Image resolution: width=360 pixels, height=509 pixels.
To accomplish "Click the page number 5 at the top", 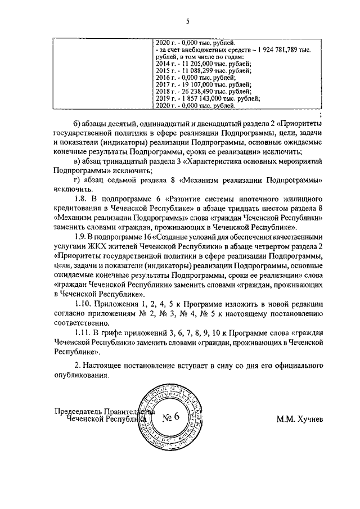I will [x=188, y=21].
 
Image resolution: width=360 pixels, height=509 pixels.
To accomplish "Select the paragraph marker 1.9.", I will [x=80, y=237].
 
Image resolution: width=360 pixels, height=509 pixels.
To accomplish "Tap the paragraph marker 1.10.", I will [x=82, y=304].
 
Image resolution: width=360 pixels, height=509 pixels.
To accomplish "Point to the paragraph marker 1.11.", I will [x=82, y=333].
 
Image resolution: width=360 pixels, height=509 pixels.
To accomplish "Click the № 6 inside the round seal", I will [x=169, y=417].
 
